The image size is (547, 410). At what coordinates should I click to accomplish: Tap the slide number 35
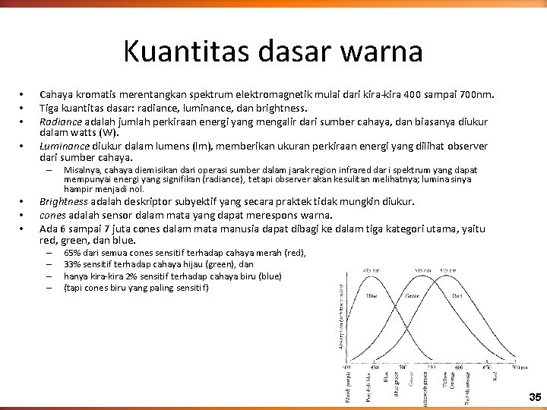pos(535,397)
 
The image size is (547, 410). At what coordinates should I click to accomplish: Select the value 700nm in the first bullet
pos(477,95)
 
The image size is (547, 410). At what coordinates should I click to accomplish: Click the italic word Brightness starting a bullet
pos(64,202)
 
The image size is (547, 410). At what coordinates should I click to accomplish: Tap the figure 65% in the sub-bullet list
pos(73,252)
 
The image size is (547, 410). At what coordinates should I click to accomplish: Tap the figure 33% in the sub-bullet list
pos(73,264)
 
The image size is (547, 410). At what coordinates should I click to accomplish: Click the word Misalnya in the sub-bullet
pos(82,170)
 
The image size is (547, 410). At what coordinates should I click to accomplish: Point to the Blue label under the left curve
pos(372,296)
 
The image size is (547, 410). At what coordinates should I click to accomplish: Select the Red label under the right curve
pos(457,297)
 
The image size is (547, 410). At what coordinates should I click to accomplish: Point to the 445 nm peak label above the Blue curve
pos(370,271)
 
